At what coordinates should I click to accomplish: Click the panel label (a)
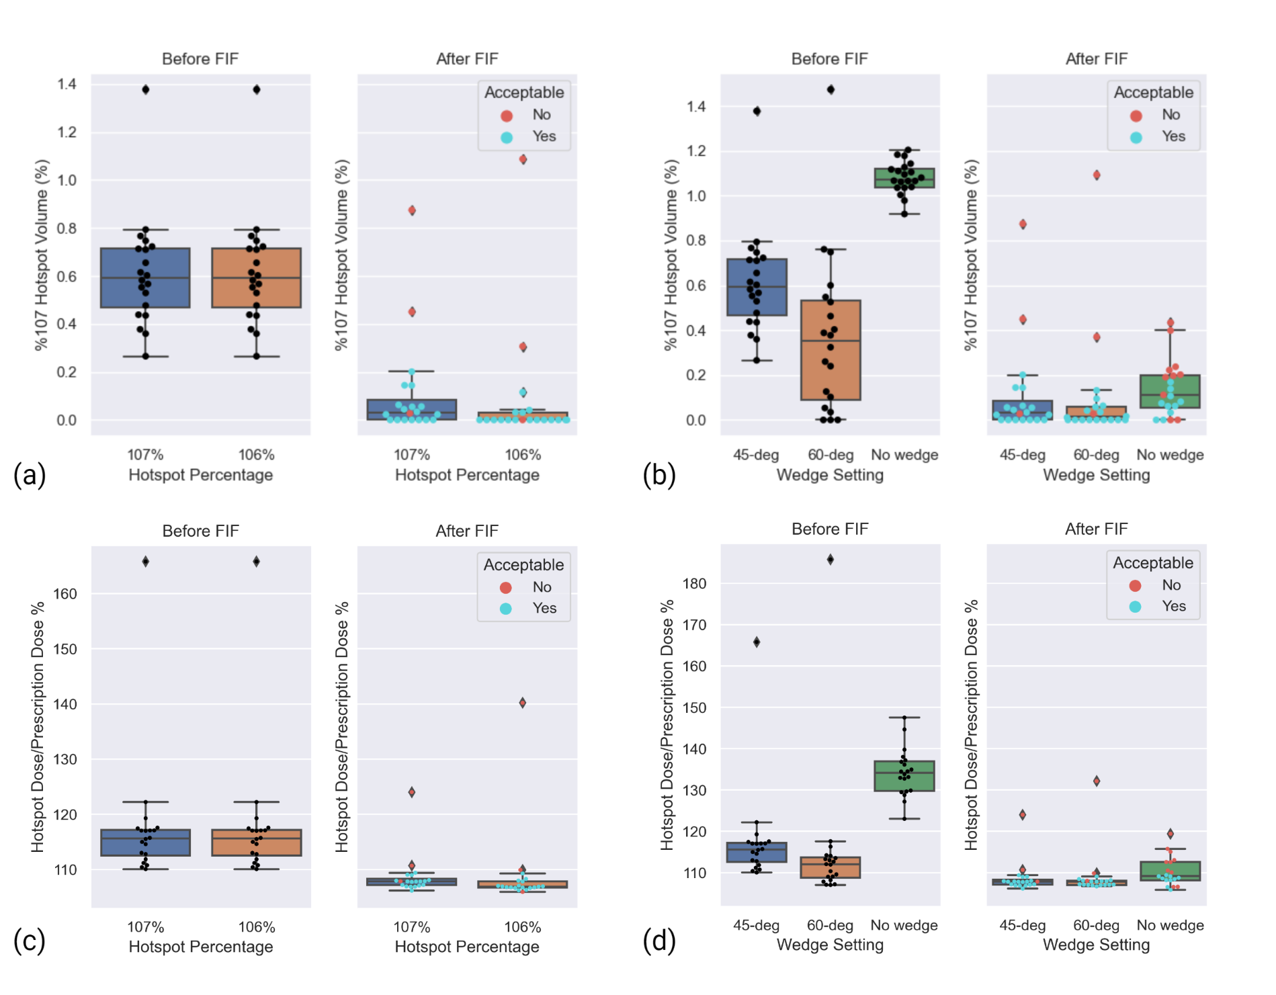[30, 475]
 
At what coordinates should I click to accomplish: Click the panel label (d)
[658, 941]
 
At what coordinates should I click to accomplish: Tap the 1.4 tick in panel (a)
[67, 84]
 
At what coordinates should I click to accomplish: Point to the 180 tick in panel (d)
[694, 583]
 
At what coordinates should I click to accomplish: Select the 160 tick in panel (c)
[65, 593]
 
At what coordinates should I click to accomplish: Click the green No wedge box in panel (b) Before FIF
[904, 178]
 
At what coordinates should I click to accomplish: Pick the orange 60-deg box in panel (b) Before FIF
[831, 349]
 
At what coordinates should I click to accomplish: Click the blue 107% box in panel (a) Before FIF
[145, 277]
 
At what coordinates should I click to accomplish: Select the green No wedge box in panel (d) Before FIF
[904, 776]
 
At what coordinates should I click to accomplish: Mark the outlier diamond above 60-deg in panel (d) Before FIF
[831, 560]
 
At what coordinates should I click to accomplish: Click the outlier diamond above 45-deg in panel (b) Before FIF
[757, 111]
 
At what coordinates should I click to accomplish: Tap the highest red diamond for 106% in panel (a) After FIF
[523, 159]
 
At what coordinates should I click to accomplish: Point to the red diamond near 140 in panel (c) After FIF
[523, 703]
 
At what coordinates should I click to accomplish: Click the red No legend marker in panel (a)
[507, 116]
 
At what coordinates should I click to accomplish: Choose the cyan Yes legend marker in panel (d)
[1135, 607]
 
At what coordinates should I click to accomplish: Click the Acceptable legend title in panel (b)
[1153, 92]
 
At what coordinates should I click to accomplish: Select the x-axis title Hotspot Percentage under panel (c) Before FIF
[200, 947]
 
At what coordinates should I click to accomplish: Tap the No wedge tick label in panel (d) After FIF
[1170, 925]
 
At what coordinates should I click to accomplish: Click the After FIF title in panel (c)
[467, 531]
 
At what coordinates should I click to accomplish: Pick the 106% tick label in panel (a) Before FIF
[256, 455]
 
